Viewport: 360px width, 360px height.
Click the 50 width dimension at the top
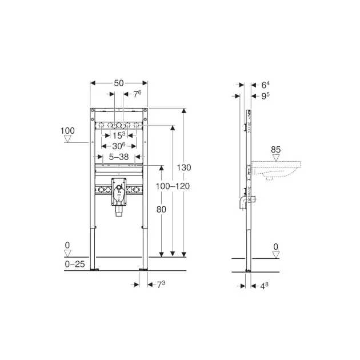pyautogui.click(x=119, y=83)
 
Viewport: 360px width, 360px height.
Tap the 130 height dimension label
pyautogui.click(x=183, y=167)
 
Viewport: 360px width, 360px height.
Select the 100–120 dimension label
pyautogui.click(x=173, y=186)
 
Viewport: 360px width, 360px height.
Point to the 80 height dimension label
pyautogui.click(x=161, y=209)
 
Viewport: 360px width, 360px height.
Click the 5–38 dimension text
pyautogui.click(x=119, y=157)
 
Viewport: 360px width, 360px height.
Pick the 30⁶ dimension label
pyautogui.click(x=119, y=146)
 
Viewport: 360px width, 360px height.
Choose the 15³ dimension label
pyautogui.click(x=119, y=135)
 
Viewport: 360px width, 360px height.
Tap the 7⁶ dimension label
pyautogui.click(x=137, y=94)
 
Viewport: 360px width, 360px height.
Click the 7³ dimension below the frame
pyautogui.click(x=161, y=285)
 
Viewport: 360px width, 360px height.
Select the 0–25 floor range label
pyautogui.click(x=75, y=264)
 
